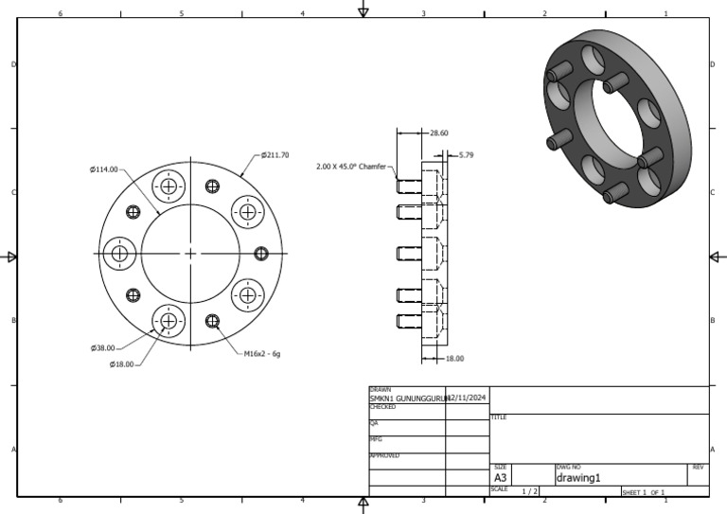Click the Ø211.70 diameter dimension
[275, 155]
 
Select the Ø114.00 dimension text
[104, 169]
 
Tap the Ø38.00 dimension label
[104, 347]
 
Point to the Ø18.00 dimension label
[123, 363]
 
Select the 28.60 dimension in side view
[439, 133]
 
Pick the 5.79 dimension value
[466, 154]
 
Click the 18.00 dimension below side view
[454, 358]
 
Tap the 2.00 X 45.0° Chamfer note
[351, 166]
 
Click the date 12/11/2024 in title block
[466, 399]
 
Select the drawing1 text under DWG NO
[578, 478]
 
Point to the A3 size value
[501, 478]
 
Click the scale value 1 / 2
[530, 491]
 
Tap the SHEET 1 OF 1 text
[644, 492]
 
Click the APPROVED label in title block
[383, 455]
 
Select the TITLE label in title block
[499, 417]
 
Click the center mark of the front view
[190, 253]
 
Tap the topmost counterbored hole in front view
[169, 186]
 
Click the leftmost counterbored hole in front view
[119, 253]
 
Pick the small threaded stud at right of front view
[262, 253]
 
